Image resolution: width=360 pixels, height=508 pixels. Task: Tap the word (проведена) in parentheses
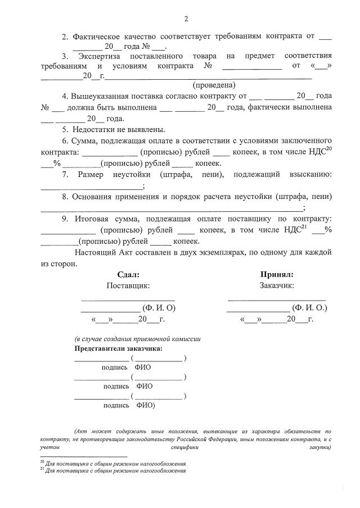pos(214,85)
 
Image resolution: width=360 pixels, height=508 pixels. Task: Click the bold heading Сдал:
pos(128,275)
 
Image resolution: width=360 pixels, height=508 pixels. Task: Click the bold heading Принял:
pos(277,275)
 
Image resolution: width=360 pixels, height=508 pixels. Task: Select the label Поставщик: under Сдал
pos(128,285)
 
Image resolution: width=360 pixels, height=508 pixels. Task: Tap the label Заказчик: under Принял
pos(277,285)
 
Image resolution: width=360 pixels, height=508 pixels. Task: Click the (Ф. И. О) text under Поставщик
pos(160,308)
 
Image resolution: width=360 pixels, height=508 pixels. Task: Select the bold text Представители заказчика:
pos(119,348)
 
